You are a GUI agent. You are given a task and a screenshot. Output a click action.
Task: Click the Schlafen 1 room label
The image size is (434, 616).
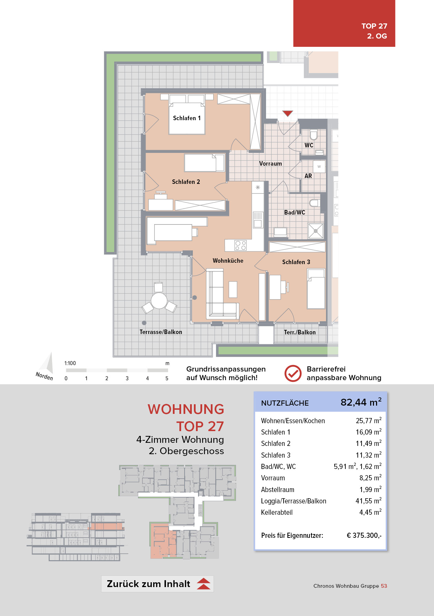pyautogui.click(x=187, y=118)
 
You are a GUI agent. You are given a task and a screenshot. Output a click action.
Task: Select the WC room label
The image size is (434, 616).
pyautogui.click(x=309, y=145)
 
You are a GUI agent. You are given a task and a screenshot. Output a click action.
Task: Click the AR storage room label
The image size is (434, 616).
pyautogui.click(x=308, y=176)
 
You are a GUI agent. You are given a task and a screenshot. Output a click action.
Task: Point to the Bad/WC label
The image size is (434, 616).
pyautogui.click(x=295, y=212)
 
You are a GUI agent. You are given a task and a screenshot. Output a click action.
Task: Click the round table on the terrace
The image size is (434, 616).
pyautogui.click(x=159, y=301)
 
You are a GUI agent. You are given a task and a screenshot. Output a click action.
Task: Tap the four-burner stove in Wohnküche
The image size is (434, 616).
pyautogui.click(x=240, y=245)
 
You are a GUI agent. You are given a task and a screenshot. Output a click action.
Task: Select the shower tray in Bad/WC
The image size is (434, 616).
pyautogui.click(x=316, y=231)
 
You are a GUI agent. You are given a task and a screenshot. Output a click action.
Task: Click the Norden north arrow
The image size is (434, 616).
pyautogui.click(x=47, y=367)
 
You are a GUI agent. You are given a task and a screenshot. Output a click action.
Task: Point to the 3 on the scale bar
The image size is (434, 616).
pyautogui.click(x=127, y=378)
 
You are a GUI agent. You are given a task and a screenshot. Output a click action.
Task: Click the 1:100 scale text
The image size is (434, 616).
pyautogui.click(x=70, y=363)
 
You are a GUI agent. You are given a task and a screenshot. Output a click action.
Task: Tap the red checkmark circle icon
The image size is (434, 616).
pyautogui.click(x=293, y=374)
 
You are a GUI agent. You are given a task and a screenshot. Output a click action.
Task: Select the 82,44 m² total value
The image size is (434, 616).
pyautogui.click(x=361, y=402)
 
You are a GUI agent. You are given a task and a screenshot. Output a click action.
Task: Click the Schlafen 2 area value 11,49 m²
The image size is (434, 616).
pyautogui.click(x=368, y=443)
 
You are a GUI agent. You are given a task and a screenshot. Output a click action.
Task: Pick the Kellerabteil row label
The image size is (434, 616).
pyautogui.click(x=277, y=512)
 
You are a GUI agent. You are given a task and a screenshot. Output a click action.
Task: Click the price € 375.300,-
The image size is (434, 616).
pyautogui.click(x=364, y=535)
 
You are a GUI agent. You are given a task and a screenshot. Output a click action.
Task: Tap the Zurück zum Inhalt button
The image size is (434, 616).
pyautogui.click(x=157, y=584)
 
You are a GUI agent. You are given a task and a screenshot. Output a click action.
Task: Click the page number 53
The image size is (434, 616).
pyautogui.click(x=384, y=586)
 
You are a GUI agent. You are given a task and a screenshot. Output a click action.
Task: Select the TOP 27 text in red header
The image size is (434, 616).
pyautogui.click(x=374, y=26)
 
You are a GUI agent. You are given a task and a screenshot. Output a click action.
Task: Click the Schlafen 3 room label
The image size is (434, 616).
pyautogui.click(x=296, y=262)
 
